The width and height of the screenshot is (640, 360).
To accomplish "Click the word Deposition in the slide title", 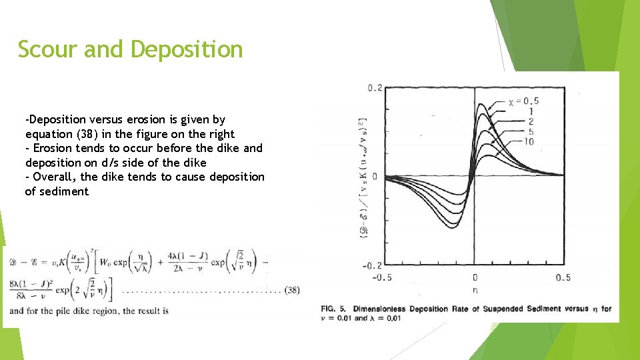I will coord(187,49).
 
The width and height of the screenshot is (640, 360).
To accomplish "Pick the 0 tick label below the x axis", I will coord(474,277).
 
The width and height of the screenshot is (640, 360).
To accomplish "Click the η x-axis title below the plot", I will coord(474,290).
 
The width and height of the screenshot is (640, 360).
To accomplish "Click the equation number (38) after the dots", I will coord(291,290).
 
